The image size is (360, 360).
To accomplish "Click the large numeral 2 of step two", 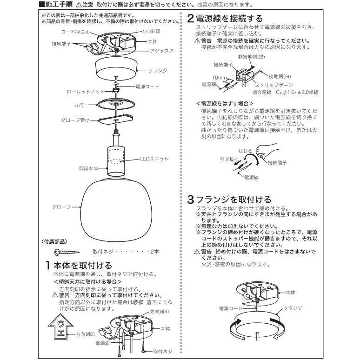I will [x=191, y=19].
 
